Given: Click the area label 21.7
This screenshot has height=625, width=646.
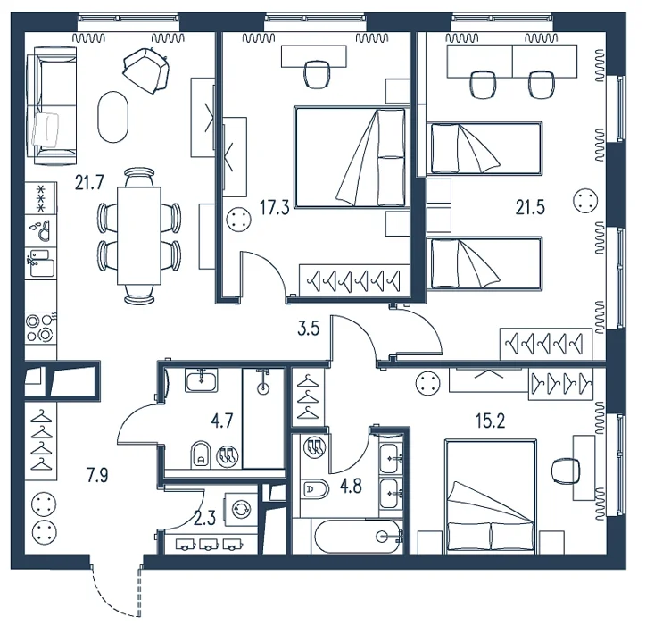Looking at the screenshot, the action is click(89, 182).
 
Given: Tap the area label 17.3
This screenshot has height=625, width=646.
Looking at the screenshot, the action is click(275, 208).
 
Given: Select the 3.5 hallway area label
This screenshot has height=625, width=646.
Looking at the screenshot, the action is click(309, 329).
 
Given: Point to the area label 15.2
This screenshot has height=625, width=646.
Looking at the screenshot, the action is click(490, 421).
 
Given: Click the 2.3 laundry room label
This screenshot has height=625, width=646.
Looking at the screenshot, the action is click(204, 519).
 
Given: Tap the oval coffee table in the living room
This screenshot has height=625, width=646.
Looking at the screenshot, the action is click(112, 117).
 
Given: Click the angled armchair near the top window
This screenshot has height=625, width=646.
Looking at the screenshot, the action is click(146, 70).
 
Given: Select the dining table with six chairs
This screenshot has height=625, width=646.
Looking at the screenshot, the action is click(139, 236).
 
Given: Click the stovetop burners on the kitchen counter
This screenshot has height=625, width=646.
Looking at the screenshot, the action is click(40, 328).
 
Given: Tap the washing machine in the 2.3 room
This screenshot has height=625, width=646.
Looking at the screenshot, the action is click(241, 509).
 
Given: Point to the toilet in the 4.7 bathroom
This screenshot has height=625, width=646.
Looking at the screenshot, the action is click(201, 455).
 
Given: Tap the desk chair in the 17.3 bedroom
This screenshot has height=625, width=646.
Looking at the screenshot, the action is click(317, 74).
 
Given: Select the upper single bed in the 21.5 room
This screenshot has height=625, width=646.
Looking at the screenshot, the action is click(484, 148).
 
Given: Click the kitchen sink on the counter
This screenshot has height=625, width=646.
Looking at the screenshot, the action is click(40, 231).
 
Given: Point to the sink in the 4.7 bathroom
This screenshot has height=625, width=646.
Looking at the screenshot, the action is click(201, 380).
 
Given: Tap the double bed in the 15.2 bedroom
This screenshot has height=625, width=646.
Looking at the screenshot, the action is click(491, 496).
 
